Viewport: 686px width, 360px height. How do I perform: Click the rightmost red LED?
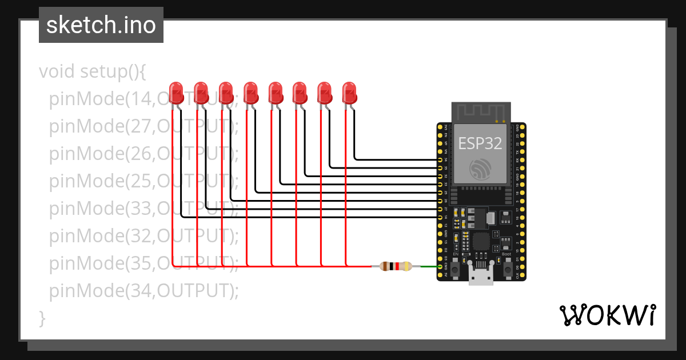[349, 93]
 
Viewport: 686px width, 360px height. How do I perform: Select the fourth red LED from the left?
[250, 93]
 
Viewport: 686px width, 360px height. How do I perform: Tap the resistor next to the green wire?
[395, 266]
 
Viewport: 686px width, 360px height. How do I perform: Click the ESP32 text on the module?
[480, 143]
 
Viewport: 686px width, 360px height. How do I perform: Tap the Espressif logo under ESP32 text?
[480, 169]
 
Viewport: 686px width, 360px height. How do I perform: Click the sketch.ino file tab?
[101, 25]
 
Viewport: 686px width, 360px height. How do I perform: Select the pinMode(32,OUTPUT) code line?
[143, 236]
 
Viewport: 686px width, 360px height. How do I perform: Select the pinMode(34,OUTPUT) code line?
[143, 291]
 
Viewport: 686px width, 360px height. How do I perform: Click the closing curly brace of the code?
[42, 318]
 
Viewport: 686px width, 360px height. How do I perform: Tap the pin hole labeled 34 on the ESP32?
[440, 160]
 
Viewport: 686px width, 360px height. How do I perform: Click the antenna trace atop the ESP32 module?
[480, 113]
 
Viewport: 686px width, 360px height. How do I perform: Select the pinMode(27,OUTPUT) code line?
[143, 126]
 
